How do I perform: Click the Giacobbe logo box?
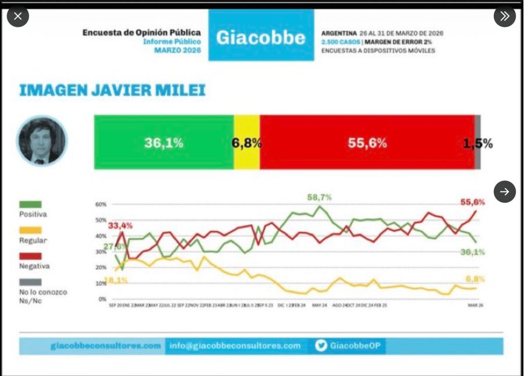(x=261, y=37)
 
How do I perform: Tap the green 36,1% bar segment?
(x=164, y=143)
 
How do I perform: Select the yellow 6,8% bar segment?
(x=247, y=143)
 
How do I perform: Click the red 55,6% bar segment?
(x=367, y=143)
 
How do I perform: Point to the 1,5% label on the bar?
(x=478, y=143)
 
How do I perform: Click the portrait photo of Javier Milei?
(x=41, y=141)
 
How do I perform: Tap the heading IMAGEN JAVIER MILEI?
(x=112, y=91)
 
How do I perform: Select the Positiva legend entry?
(x=33, y=209)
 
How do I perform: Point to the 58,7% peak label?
(x=319, y=197)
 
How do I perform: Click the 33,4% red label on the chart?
(x=120, y=225)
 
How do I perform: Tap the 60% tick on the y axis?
(x=101, y=204)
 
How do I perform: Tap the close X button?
(x=17, y=16)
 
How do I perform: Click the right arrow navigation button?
(x=504, y=191)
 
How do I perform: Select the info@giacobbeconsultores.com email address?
(x=235, y=346)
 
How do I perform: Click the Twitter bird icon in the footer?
(x=321, y=346)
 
